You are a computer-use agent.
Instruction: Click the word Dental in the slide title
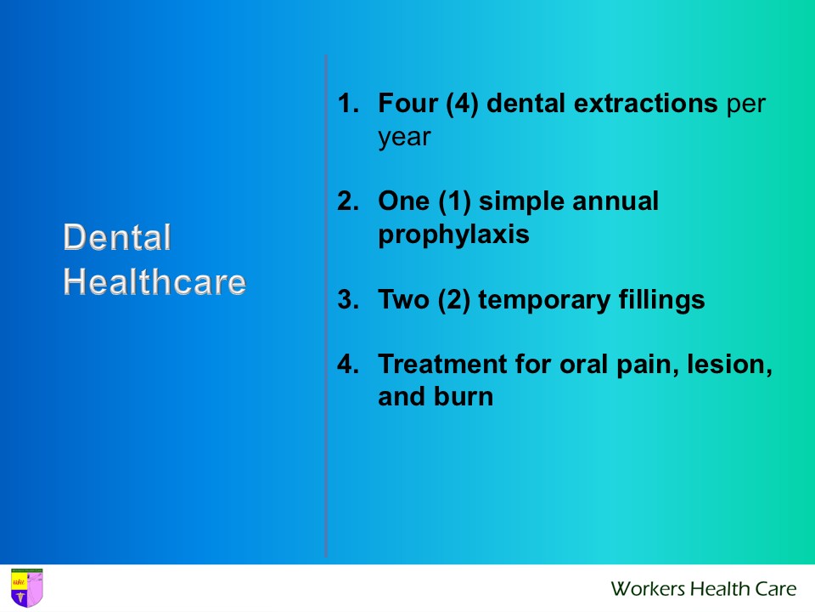(117, 238)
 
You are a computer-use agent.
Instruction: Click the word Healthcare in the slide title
(155, 282)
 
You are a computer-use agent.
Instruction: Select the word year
(405, 138)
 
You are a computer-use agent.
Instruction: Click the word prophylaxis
(453, 235)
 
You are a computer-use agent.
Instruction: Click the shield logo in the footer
(26, 588)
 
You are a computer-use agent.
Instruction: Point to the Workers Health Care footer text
(704, 588)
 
